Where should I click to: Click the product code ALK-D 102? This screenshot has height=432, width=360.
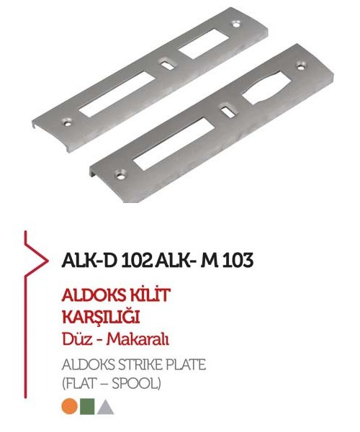pyautogui.click(x=107, y=260)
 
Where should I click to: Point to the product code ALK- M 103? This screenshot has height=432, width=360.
pyautogui.click(x=204, y=260)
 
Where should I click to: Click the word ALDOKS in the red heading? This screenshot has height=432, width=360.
pyautogui.click(x=93, y=295)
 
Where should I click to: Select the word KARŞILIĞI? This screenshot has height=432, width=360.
pyautogui.click(x=101, y=317)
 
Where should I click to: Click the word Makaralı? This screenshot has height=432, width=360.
pyautogui.click(x=138, y=339)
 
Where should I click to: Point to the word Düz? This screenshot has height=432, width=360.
pyautogui.click(x=77, y=339)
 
